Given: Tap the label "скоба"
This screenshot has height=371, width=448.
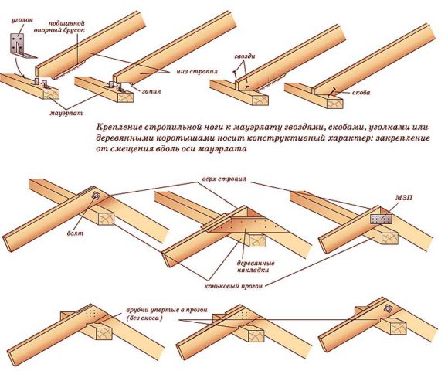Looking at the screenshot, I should pos(359,92).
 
